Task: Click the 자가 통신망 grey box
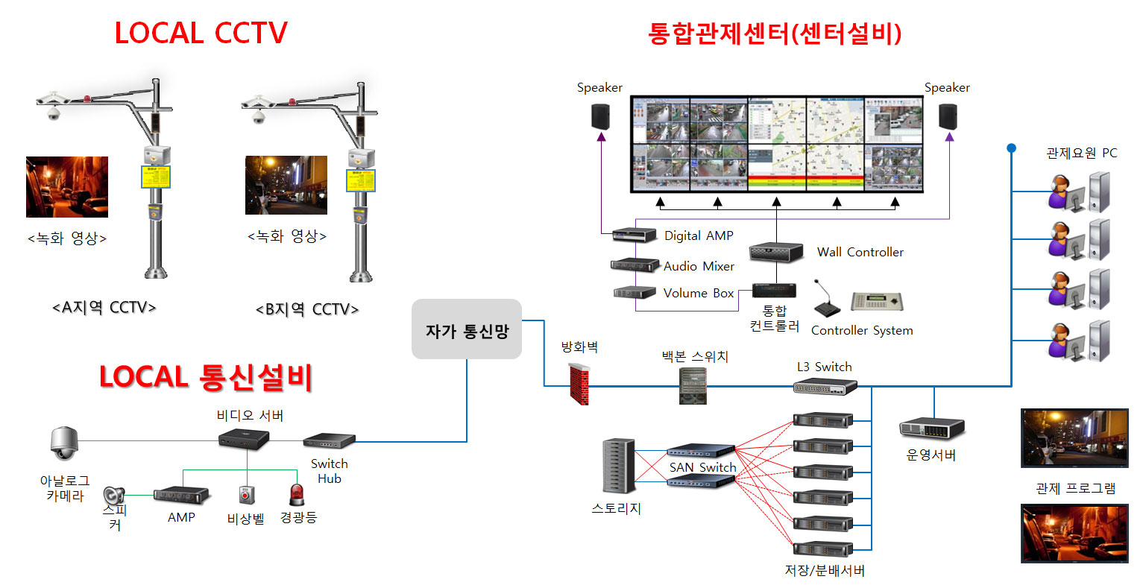[x=467, y=329]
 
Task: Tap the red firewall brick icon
[x=579, y=384]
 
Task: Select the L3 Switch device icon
[x=825, y=386]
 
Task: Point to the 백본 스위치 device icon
[x=693, y=386]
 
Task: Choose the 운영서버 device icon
[x=931, y=428]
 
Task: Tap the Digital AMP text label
[x=699, y=235]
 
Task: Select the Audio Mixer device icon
[x=635, y=265]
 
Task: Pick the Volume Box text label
[x=699, y=293]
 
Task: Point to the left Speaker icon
[x=601, y=117]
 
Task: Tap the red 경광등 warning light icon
[x=297, y=494]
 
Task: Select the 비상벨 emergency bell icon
[x=246, y=495]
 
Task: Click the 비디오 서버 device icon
[x=244, y=438]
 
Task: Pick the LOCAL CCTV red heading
[x=201, y=34]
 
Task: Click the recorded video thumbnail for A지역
[x=67, y=187]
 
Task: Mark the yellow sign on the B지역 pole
[x=361, y=180]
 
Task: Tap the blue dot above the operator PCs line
[x=1011, y=148]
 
